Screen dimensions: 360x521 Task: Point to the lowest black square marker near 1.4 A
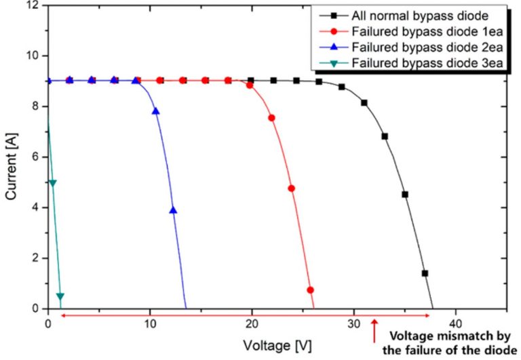(x=425, y=273)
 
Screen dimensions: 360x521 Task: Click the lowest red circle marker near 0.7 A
(x=310, y=290)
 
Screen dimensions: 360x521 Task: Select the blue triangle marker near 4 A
(x=173, y=210)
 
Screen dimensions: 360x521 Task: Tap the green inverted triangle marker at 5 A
(x=53, y=183)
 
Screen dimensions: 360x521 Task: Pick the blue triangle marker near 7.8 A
(x=156, y=111)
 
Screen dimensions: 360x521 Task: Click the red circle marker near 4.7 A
(x=292, y=188)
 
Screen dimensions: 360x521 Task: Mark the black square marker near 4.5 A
(x=405, y=195)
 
